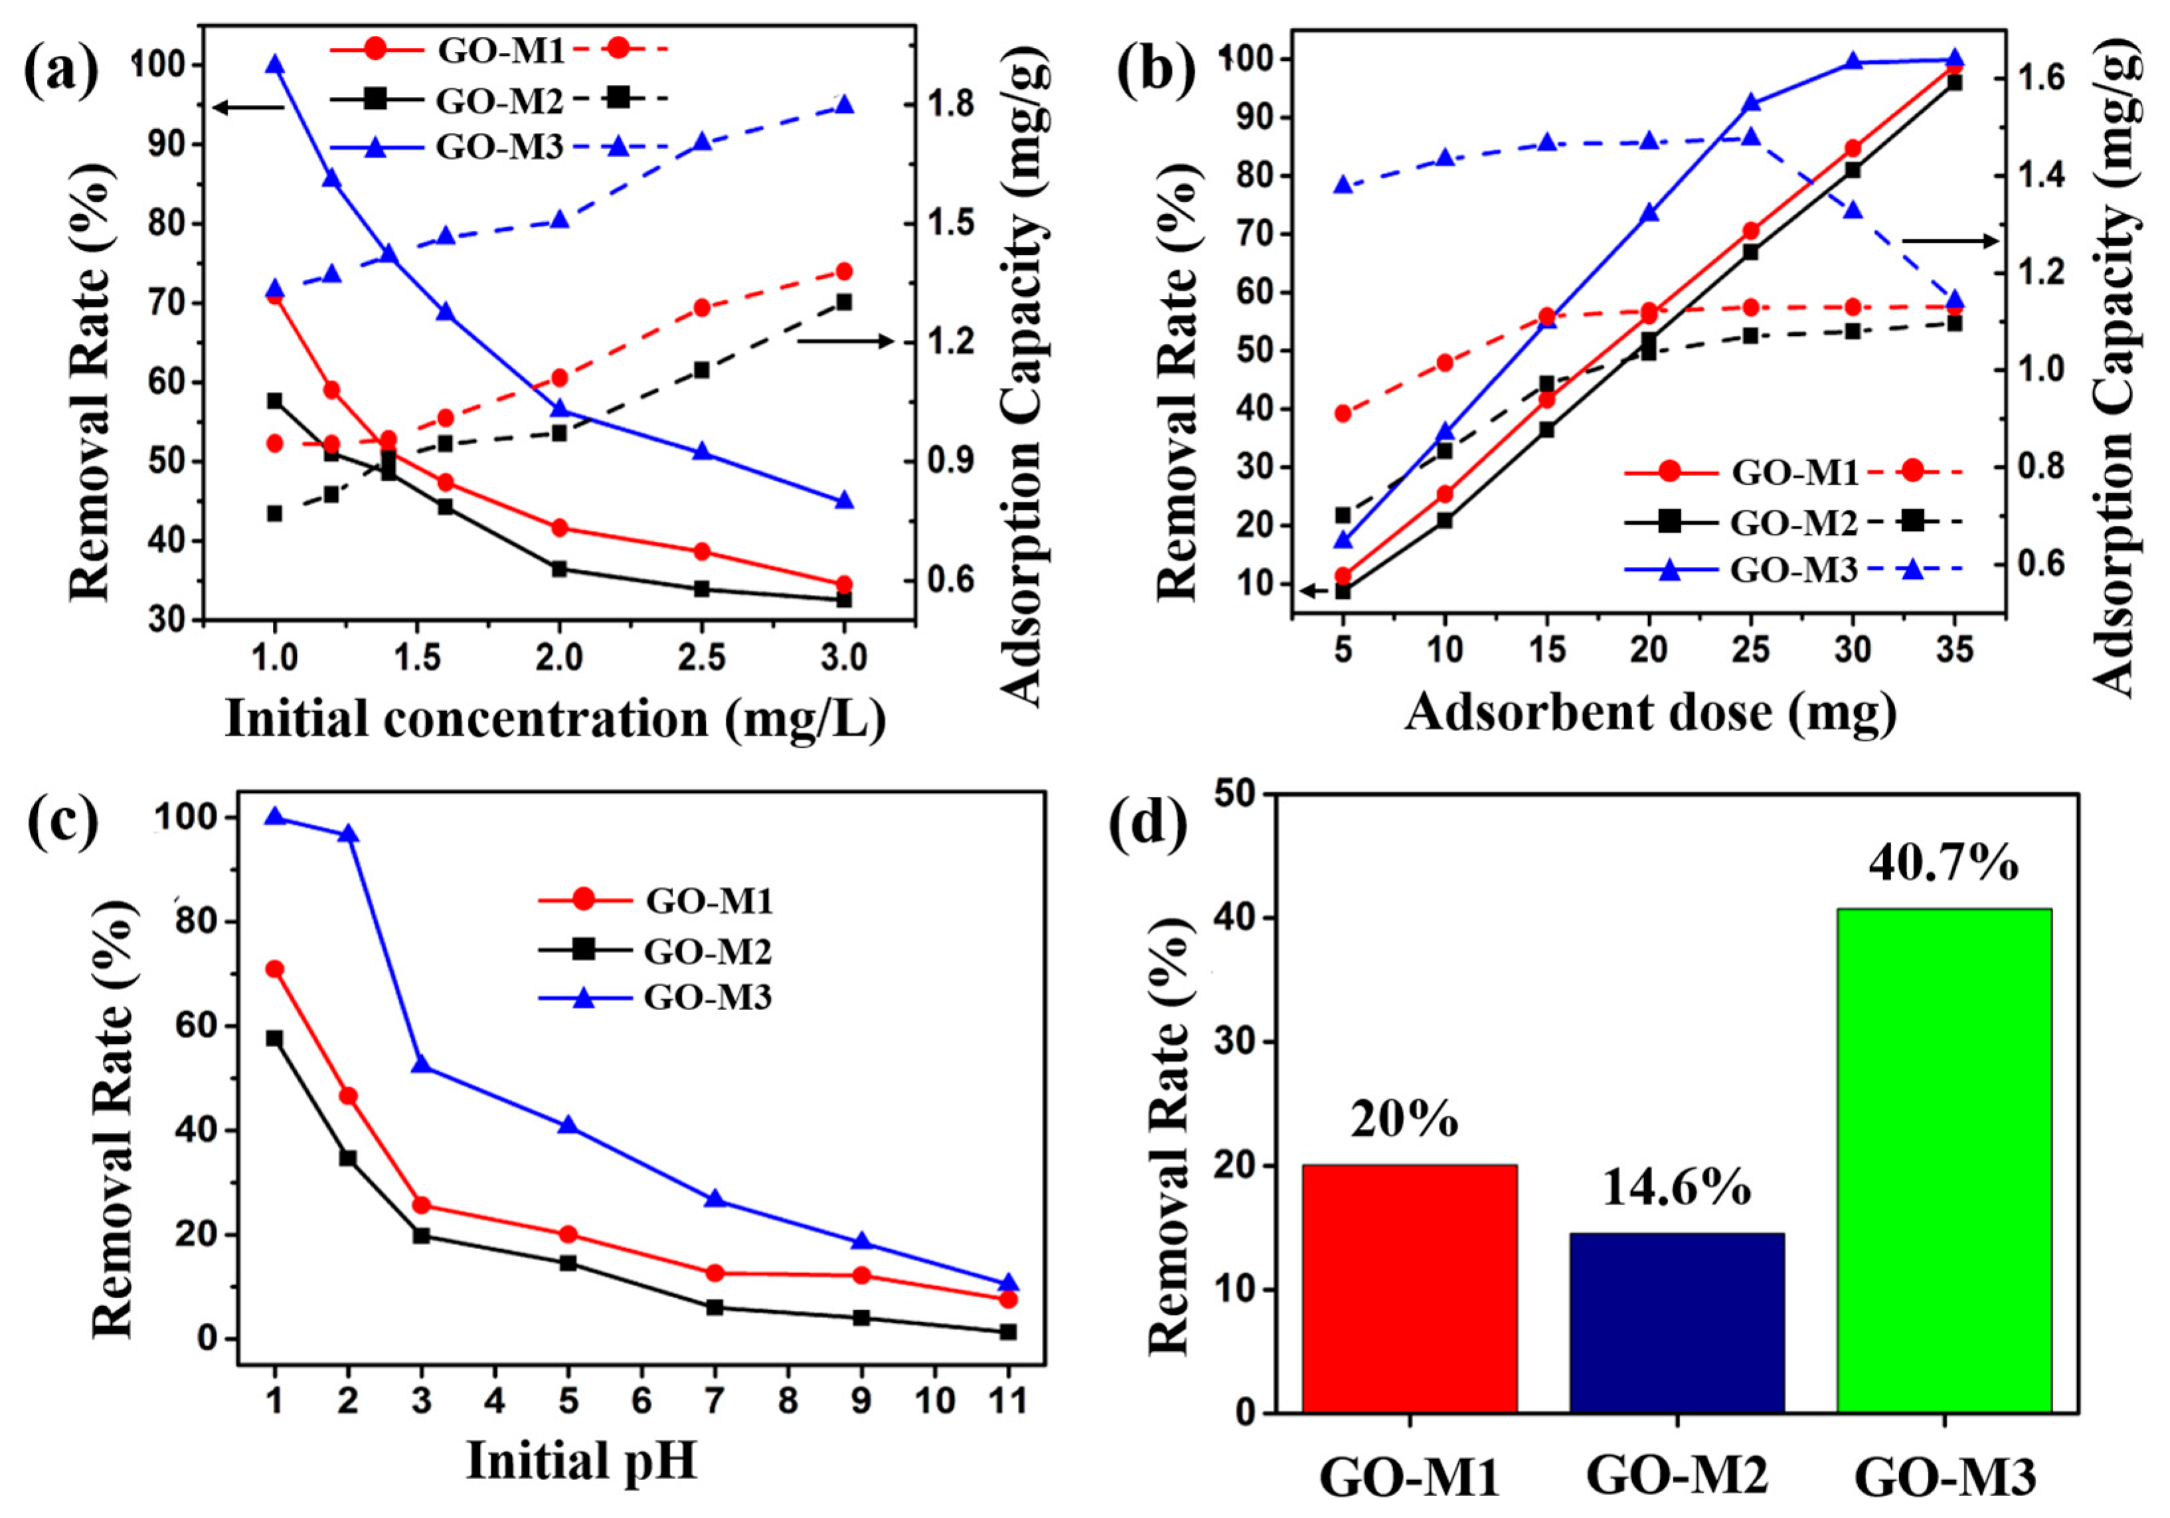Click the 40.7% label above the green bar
[1944, 863]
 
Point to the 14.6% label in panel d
[1677, 1188]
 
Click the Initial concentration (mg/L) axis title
[556, 718]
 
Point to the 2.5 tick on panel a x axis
[701, 657]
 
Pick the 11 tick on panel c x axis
[1007, 1400]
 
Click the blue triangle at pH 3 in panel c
[422, 1063]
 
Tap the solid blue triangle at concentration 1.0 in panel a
[275, 64]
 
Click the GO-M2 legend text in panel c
[708, 951]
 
